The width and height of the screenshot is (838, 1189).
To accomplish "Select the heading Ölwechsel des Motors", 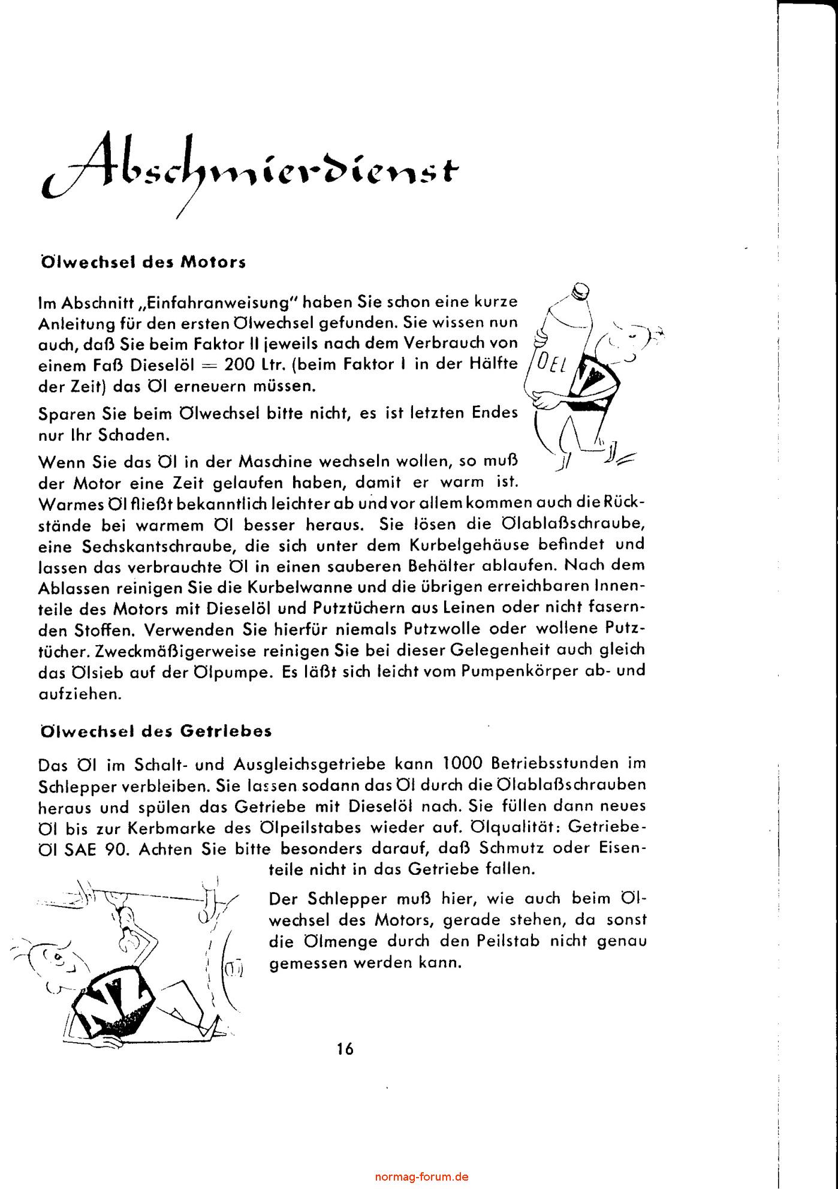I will click(x=142, y=263).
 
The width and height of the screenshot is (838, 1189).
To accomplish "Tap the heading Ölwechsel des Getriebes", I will click(x=155, y=731).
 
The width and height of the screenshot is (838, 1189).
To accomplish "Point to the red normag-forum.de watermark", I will click(x=421, y=1176).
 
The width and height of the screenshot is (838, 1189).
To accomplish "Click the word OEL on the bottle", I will click(x=550, y=363).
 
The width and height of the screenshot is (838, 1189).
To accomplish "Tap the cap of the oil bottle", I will click(x=580, y=290).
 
